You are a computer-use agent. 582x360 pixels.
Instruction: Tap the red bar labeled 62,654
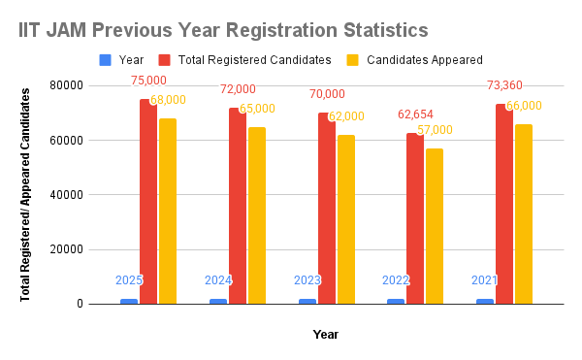click(x=415, y=218)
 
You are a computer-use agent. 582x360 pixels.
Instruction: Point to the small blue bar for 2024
click(x=218, y=301)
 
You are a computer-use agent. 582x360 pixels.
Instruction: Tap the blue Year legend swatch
click(x=105, y=60)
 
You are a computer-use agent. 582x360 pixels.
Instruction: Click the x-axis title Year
click(x=325, y=335)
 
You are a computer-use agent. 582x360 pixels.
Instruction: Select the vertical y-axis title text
click(x=25, y=194)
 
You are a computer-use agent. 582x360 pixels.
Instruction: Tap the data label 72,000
click(x=239, y=88)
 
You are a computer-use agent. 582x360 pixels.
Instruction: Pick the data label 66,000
click(x=523, y=106)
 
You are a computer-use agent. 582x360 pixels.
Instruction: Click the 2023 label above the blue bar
click(x=307, y=280)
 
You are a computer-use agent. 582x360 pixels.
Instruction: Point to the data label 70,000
click(x=327, y=94)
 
